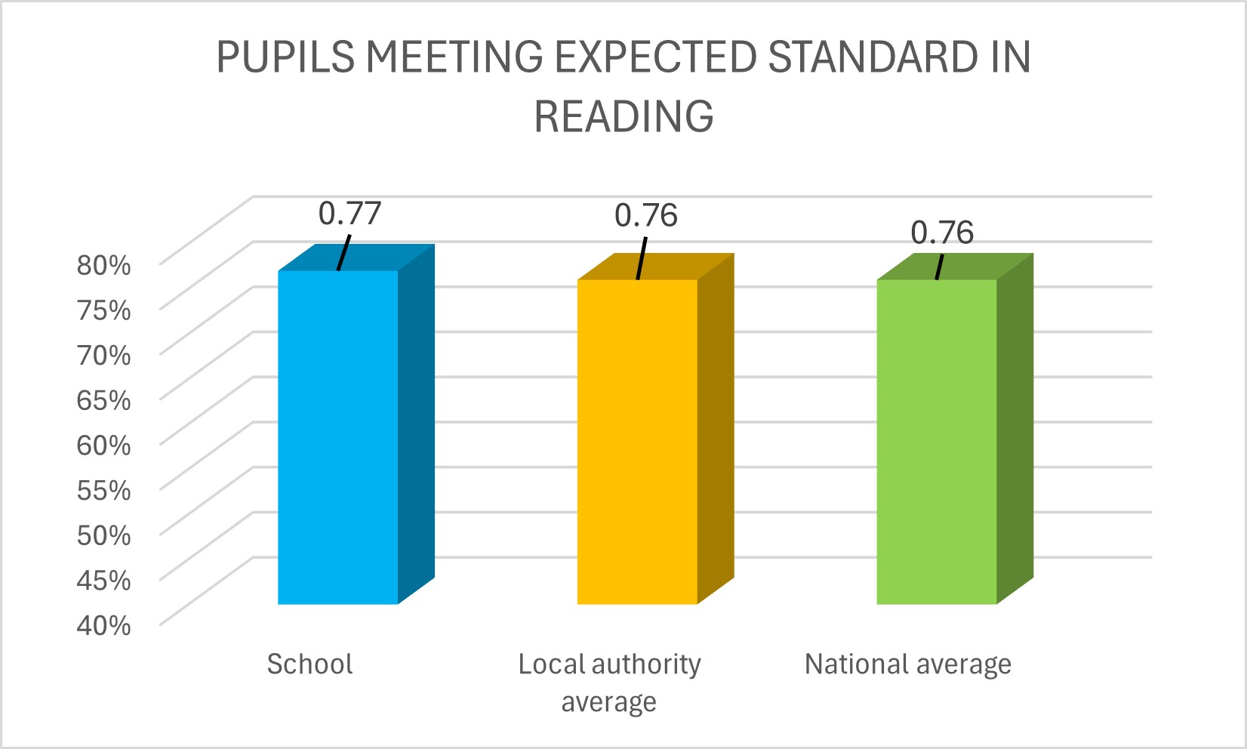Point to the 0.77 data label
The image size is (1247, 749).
coord(349,214)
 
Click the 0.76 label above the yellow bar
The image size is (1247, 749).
coord(646,216)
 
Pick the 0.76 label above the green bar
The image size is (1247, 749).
coord(942,233)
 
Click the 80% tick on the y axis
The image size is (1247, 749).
coord(104,265)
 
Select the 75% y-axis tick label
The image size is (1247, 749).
coord(104,310)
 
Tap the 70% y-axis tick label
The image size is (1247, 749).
coord(104,355)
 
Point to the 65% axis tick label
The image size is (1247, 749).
coord(104,399)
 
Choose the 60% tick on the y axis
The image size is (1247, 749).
coord(104,445)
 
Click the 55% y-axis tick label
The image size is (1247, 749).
coord(104,490)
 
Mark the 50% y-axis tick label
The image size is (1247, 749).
coord(104,535)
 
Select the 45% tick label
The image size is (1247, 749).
coord(104,580)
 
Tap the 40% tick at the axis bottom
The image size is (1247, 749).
coord(104,624)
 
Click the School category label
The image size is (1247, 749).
coord(309,664)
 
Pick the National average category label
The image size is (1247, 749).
coord(907,664)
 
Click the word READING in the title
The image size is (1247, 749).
coord(623,116)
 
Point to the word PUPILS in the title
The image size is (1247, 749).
coord(285,57)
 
